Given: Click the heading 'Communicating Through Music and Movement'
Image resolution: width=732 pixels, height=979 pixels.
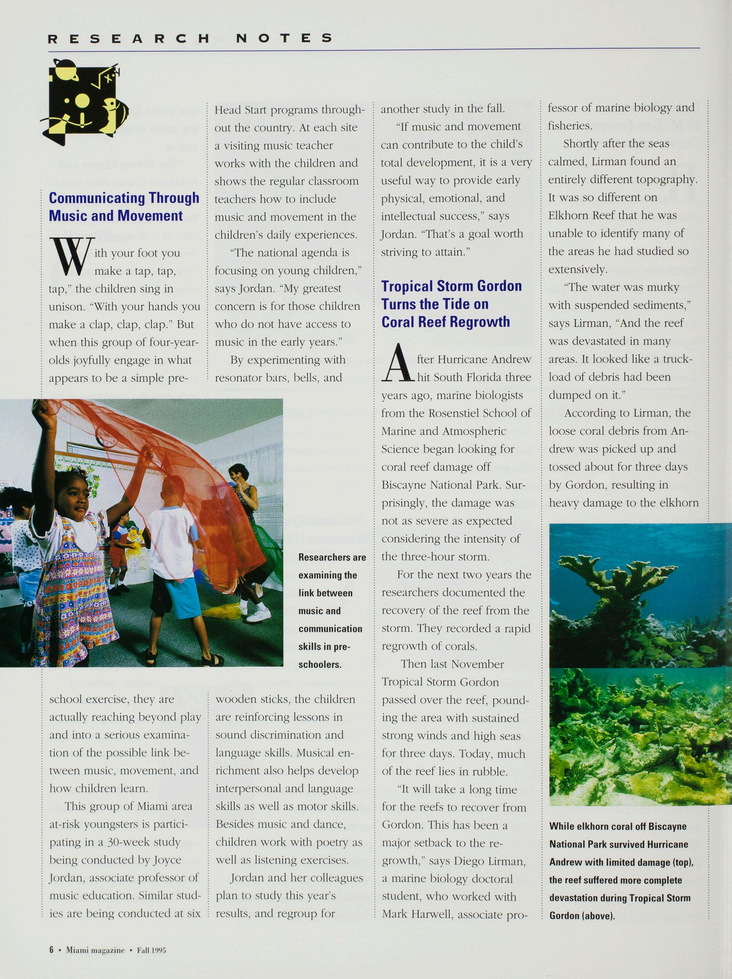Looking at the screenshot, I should point(124,207).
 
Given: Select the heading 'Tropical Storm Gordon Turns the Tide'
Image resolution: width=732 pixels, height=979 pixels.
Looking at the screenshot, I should point(451,304).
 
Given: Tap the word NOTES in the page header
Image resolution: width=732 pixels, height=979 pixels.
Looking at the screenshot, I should point(284,38).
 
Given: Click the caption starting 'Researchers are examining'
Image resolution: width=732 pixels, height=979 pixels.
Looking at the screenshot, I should point(332,611).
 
